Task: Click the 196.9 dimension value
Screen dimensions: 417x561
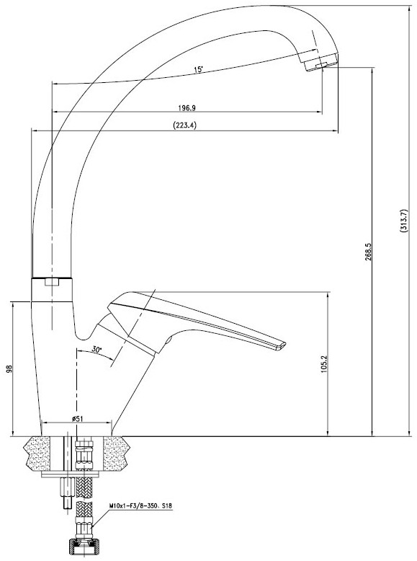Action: pyautogui.click(x=187, y=107)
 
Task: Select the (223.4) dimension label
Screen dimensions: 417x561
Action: pyautogui.click(x=185, y=125)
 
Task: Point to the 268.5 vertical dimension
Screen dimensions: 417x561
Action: pyautogui.click(x=369, y=252)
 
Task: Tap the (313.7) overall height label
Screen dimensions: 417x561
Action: pyautogui.click(x=404, y=221)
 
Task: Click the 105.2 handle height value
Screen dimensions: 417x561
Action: pyautogui.click(x=324, y=364)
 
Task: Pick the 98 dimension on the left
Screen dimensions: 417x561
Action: pyautogui.click(x=9, y=369)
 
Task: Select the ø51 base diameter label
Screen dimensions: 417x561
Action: pyautogui.click(x=78, y=419)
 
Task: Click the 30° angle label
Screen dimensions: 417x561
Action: pyautogui.click(x=97, y=350)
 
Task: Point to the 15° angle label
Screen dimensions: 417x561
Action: pyautogui.click(x=198, y=69)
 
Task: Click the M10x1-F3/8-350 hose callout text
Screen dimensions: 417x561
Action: pyautogui.click(x=140, y=506)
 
